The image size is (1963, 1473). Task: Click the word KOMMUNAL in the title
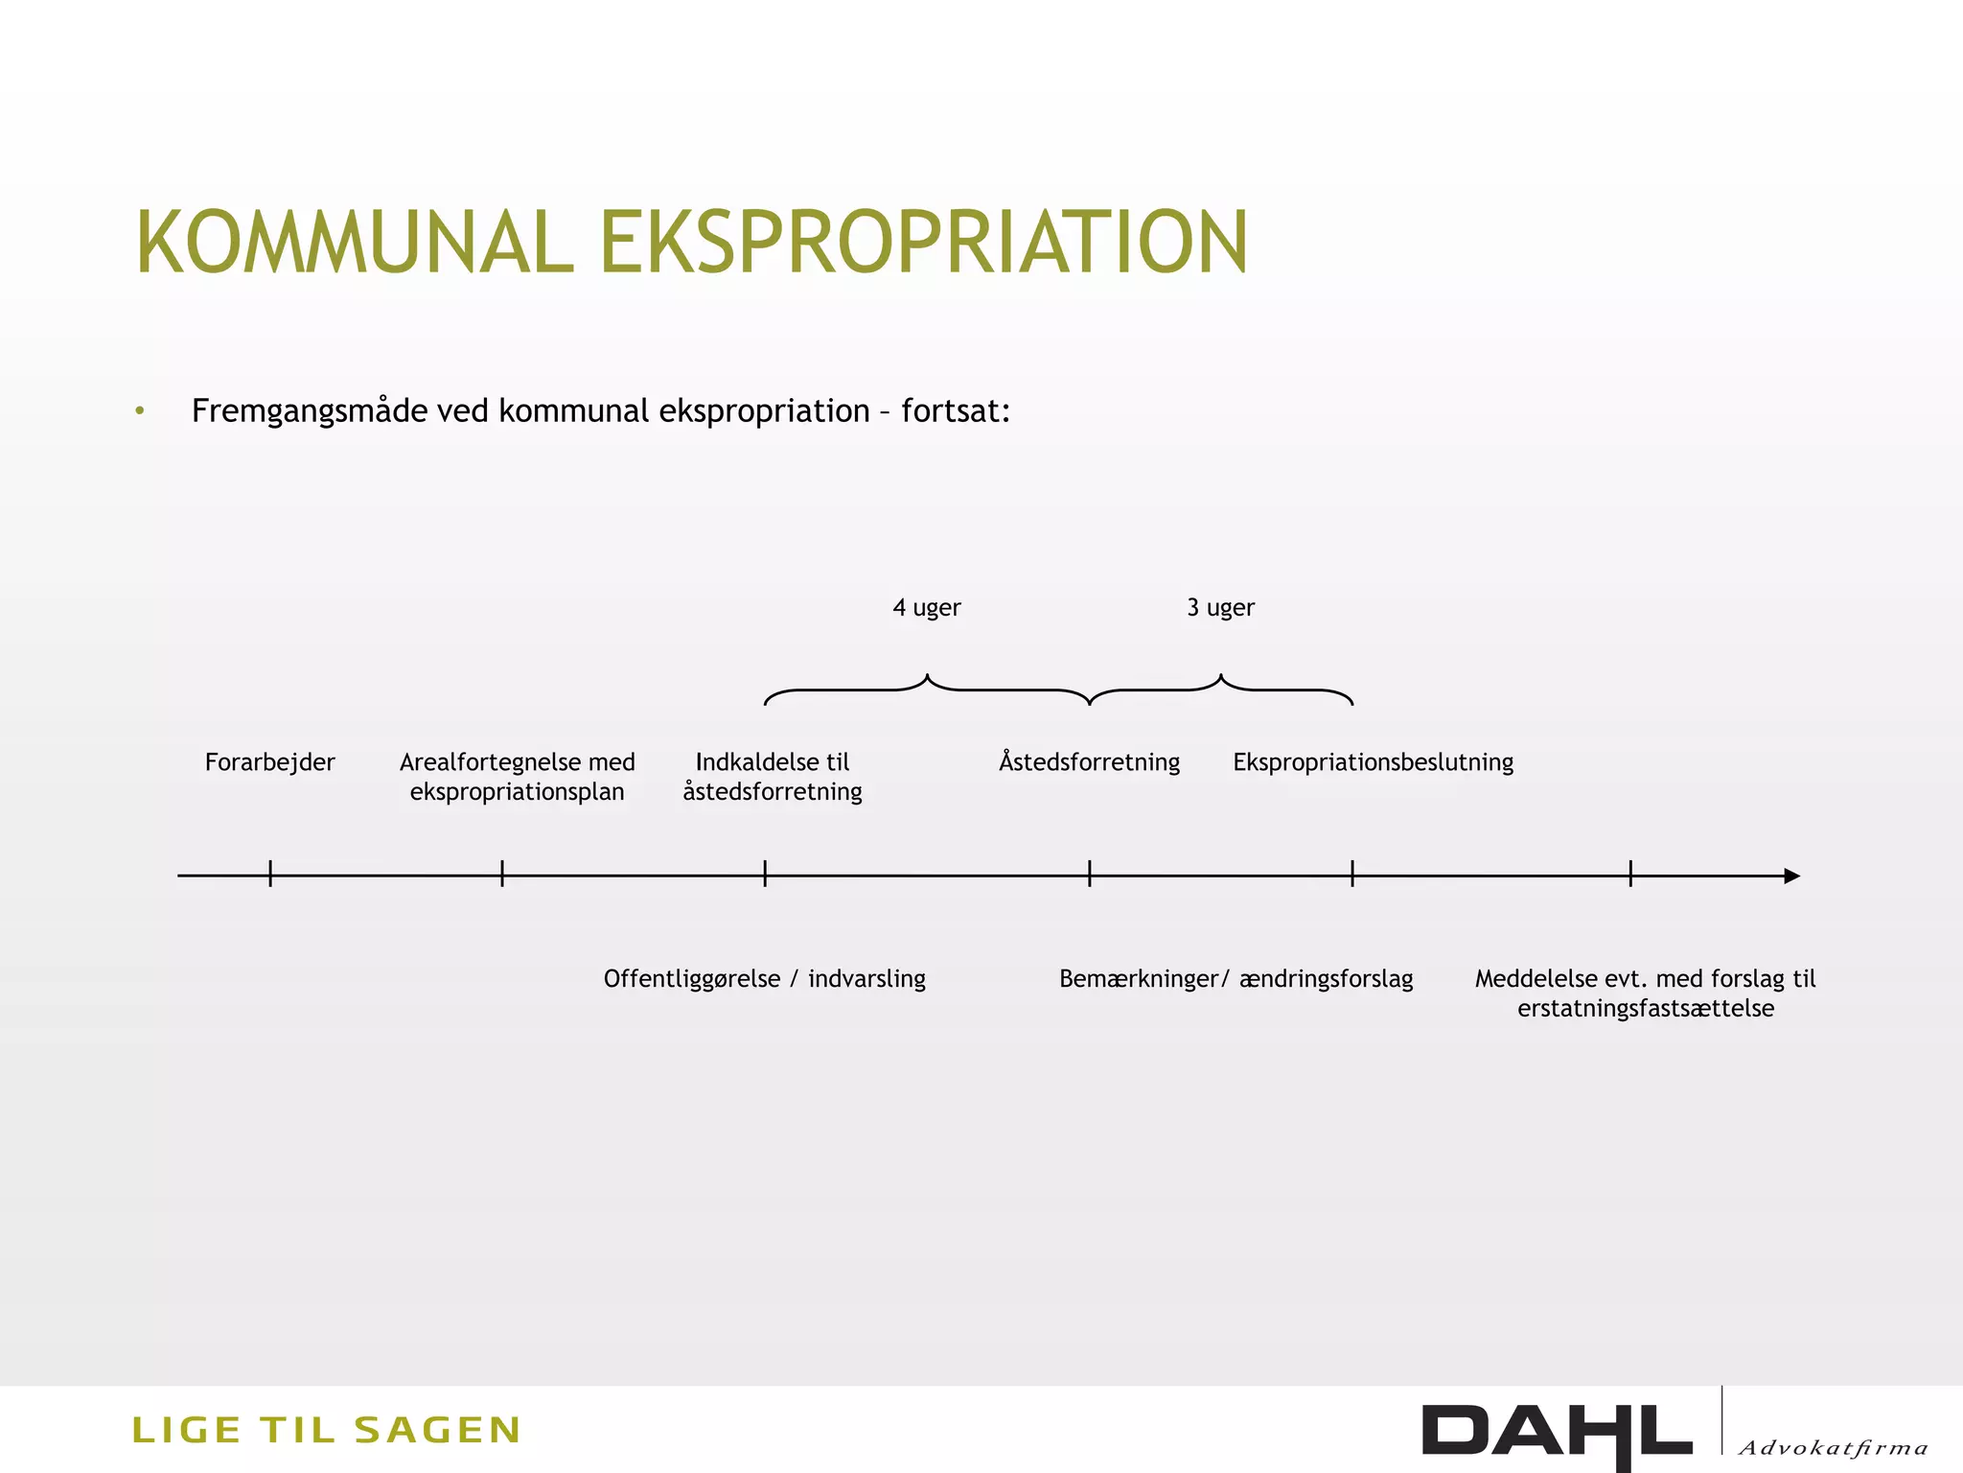(x=355, y=243)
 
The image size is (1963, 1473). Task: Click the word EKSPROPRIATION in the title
(x=924, y=243)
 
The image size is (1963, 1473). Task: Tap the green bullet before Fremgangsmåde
(x=140, y=411)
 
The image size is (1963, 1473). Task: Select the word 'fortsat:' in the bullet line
(x=956, y=411)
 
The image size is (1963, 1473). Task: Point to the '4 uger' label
(x=926, y=608)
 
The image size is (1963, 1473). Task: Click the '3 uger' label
(x=1220, y=608)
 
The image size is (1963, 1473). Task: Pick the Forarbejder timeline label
(x=270, y=762)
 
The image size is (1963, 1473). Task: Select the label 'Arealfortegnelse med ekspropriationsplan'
(x=517, y=777)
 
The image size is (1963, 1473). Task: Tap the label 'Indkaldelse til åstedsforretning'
(x=773, y=777)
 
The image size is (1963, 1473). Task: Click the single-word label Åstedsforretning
(x=1089, y=762)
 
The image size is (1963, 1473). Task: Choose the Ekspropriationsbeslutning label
(x=1373, y=762)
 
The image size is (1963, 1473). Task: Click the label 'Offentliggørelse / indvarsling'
(x=764, y=979)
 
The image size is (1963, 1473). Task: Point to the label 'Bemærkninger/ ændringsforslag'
(x=1236, y=979)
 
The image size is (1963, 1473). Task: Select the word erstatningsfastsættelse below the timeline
(x=1645, y=1009)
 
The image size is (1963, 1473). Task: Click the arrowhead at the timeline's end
(x=1791, y=876)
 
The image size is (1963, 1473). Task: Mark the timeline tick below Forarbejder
(x=270, y=874)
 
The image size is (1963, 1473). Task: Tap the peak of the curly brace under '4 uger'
(x=927, y=677)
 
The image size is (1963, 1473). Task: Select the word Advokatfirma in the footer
(x=1832, y=1448)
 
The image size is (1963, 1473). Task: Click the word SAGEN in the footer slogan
(x=437, y=1430)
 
